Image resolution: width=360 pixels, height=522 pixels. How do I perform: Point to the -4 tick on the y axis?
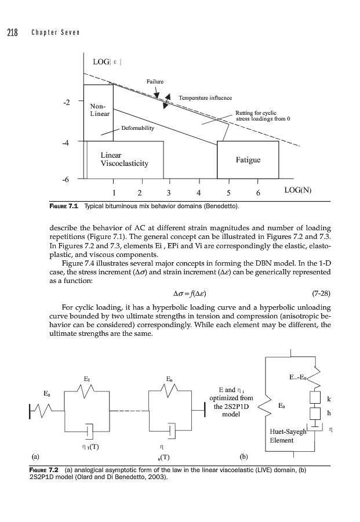tap(67, 141)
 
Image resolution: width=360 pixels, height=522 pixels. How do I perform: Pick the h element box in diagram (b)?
tap(316, 415)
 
